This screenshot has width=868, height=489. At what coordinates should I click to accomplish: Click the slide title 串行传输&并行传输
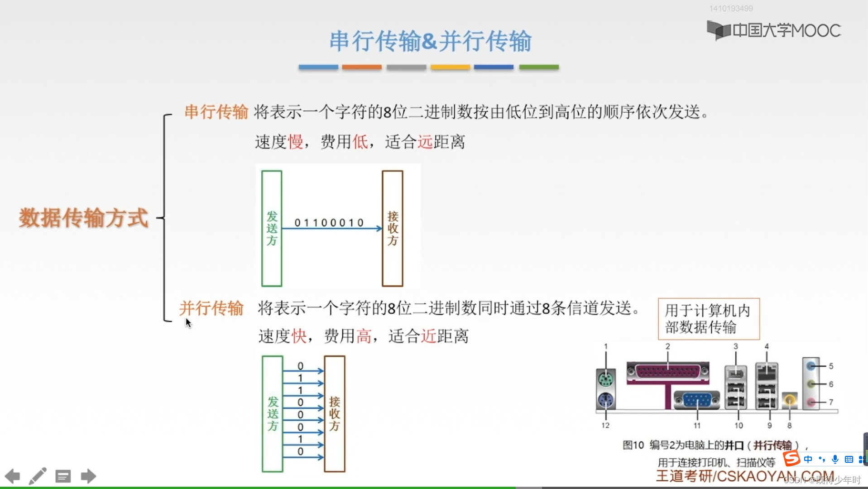430,41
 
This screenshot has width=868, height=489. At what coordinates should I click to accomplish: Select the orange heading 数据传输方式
84,218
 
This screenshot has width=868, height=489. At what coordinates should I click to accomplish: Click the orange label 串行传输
216,111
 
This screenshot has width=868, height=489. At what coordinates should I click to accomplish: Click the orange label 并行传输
211,308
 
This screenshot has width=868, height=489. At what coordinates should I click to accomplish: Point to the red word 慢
296,142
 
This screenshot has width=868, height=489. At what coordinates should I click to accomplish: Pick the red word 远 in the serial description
425,142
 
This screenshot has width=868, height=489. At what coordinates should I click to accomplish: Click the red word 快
299,336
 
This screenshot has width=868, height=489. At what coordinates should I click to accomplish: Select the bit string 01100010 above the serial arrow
329,222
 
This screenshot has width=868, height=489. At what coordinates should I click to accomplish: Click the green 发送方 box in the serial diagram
272,228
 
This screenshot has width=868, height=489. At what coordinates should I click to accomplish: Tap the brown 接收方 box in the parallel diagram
335,413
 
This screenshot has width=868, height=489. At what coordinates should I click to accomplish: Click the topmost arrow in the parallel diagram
303,371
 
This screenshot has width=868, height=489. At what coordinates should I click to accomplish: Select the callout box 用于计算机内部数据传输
709,319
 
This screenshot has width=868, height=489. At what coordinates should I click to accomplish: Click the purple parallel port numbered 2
668,372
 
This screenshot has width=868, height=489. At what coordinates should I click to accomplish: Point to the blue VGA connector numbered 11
697,400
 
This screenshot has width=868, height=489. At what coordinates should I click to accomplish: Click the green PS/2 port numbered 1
606,379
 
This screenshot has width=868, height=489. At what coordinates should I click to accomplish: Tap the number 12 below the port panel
605,425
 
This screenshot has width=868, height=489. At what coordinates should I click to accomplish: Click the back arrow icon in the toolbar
12,476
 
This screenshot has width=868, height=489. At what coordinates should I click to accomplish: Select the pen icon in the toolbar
38,476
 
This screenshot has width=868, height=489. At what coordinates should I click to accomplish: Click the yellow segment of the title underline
450,67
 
